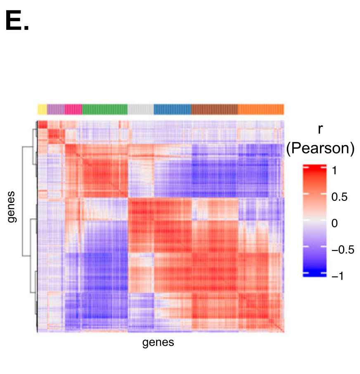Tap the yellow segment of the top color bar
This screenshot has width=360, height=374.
(x=42, y=109)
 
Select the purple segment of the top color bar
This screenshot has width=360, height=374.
(x=56, y=109)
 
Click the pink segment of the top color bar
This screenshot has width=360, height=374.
(x=73, y=109)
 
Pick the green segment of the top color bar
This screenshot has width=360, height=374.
(x=104, y=109)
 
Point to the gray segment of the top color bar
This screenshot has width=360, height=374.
(x=140, y=109)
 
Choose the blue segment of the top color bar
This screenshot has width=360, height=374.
(x=173, y=109)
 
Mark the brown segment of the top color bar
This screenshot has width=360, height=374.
(x=214, y=109)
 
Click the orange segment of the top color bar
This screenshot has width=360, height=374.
(x=261, y=109)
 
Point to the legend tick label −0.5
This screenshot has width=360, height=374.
(x=342, y=250)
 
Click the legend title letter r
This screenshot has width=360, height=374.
(x=320, y=129)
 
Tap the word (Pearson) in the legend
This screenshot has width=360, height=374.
(x=320, y=149)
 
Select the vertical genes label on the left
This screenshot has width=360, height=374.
(x=12, y=207)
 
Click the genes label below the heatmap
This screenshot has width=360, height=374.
(x=158, y=342)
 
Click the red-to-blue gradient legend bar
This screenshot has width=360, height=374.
(x=315, y=220)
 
